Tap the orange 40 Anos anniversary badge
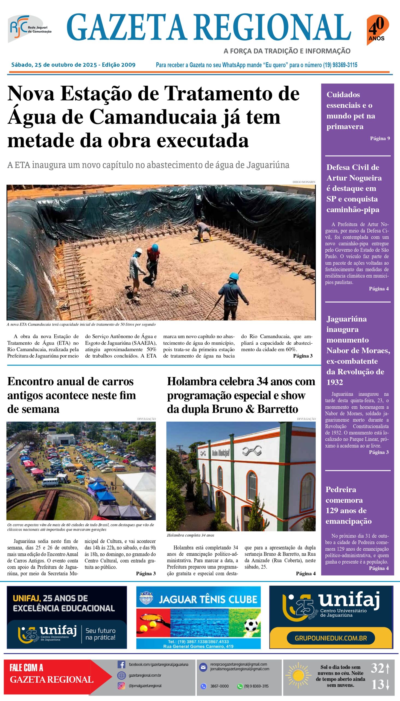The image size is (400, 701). (x=377, y=30)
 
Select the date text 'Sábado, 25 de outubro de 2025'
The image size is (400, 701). (x=54, y=65)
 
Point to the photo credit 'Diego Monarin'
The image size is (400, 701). (x=303, y=182)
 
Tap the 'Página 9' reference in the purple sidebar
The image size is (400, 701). (x=380, y=138)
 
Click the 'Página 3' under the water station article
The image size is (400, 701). (x=302, y=356)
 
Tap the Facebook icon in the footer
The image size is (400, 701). (x=121, y=664)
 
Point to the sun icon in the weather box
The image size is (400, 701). (x=298, y=676)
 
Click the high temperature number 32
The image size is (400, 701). (x=377, y=668)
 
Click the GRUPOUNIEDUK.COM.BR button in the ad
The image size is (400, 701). (x=331, y=638)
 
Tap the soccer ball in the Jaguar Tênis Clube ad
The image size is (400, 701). (x=251, y=626)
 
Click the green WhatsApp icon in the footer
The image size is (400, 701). (x=240, y=686)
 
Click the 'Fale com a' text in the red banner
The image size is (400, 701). (x=26, y=668)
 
